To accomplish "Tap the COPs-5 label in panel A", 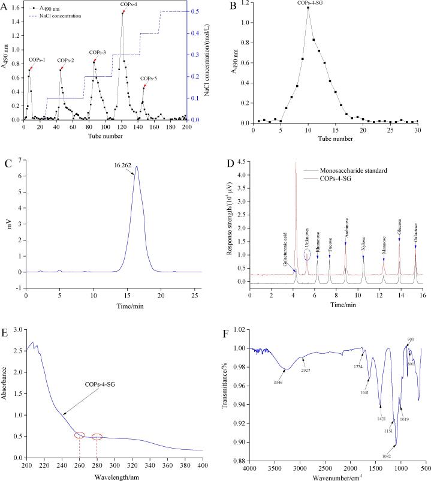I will [x=148, y=79].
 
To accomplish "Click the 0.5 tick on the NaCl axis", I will [x=195, y=11].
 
